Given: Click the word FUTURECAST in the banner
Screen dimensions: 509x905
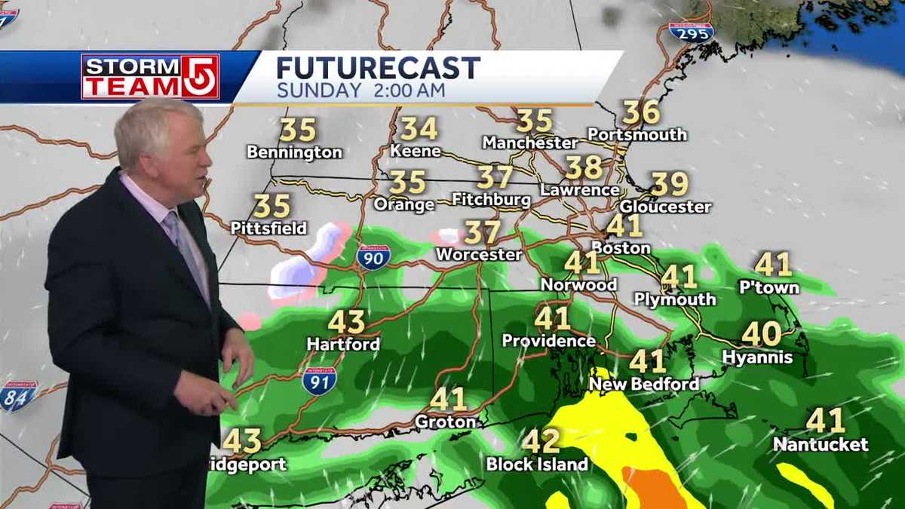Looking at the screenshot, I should coord(378,68).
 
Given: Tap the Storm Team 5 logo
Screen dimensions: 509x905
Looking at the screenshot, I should coord(150,76).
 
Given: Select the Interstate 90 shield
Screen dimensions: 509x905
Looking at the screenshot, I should coord(373,257).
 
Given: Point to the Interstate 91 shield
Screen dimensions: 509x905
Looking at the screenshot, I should coord(319,381).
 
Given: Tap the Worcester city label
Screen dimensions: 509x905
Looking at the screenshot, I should coord(479,255).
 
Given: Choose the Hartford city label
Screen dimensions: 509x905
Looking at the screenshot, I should coord(343,344).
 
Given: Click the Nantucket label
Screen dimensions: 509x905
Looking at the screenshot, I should coord(821,445).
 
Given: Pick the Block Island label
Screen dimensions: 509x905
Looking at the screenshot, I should coord(537,465).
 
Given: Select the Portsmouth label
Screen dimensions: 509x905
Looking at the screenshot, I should coord(637,135).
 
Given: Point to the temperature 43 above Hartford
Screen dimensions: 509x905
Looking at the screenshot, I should coord(346,322).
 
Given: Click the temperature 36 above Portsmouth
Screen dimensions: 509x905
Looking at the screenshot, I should coord(641,113).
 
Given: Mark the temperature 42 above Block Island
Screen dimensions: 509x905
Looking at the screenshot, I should coord(541,441).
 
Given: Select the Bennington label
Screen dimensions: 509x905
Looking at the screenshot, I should coord(294,152).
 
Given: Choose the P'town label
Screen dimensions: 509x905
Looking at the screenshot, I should coord(769,287).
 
